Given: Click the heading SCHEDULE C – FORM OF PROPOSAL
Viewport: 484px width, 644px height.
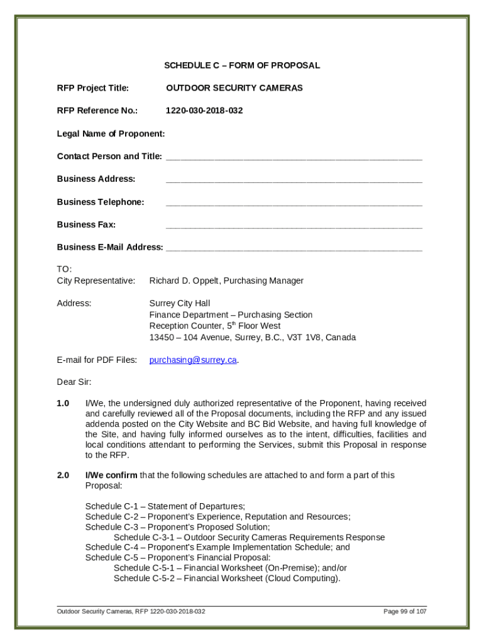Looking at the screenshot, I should [242, 65].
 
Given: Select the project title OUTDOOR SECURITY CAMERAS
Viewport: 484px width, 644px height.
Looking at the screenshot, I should [234, 88].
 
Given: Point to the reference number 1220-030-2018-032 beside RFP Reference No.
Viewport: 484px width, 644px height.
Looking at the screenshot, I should [204, 111].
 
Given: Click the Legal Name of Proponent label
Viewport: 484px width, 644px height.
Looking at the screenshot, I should [111, 133].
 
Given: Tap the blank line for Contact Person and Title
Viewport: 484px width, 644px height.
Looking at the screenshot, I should [294, 157].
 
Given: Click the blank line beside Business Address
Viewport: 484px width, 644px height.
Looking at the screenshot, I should [294, 180].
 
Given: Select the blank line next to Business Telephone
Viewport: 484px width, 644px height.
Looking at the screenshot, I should [294, 203].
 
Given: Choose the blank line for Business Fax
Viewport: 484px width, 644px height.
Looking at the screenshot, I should [294, 226].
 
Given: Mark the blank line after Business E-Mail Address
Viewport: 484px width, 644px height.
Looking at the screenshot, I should [294, 248].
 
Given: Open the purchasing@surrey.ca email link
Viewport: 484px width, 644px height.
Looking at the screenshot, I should [193, 360].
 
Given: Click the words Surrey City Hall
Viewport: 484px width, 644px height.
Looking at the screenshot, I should [180, 303].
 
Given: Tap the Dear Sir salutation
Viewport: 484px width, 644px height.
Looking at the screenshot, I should [74, 382].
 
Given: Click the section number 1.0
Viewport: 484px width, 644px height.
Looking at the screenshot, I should [63, 403].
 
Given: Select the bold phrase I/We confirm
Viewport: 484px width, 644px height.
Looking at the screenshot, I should [111, 475].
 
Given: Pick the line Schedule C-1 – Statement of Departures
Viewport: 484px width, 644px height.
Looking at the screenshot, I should [165, 506].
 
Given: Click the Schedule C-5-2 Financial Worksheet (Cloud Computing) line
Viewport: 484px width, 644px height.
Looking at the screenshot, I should [227, 579].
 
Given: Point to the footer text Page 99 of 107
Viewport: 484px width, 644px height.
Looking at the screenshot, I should [405, 611].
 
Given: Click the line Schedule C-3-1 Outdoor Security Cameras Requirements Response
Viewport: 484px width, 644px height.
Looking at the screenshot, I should [249, 538].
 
